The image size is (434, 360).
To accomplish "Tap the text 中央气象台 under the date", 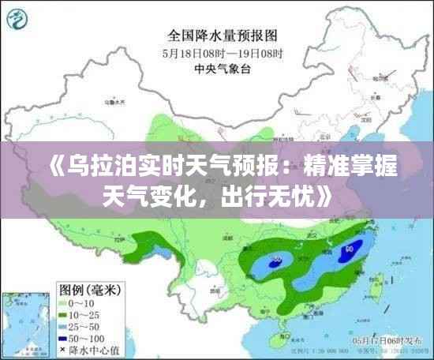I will (x=222, y=69).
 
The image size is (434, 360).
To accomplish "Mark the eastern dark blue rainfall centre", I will (x=348, y=252).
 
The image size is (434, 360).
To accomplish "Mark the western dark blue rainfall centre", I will (x=277, y=258).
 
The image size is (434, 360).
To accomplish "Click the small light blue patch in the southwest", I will (x=163, y=253).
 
